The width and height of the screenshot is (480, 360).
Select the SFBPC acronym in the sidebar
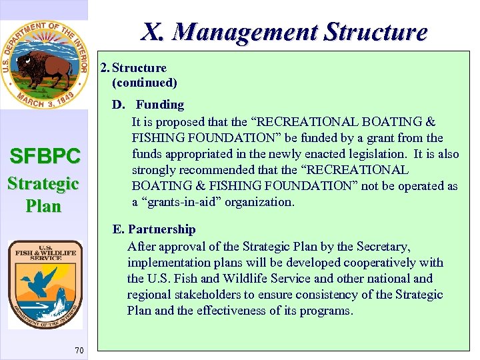click(x=45, y=156)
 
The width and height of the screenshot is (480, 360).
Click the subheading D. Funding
click(x=148, y=105)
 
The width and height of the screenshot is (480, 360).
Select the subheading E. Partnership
click(x=154, y=229)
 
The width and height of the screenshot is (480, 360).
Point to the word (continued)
click(x=145, y=83)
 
